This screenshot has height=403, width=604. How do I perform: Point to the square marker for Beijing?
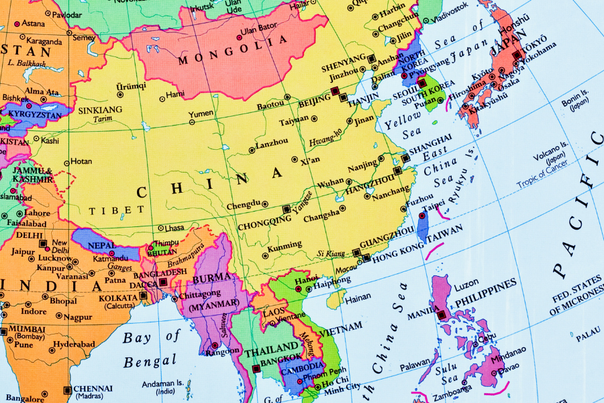[334, 90]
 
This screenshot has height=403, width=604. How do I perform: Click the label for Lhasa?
[174, 228]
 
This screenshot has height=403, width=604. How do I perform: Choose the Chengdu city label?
[242, 204]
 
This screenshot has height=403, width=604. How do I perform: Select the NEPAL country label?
[103, 245]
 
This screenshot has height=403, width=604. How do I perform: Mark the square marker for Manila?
[441, 314]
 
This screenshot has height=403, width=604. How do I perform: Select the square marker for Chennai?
[67, 390]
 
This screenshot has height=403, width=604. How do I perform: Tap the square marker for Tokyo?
[517, 55]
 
